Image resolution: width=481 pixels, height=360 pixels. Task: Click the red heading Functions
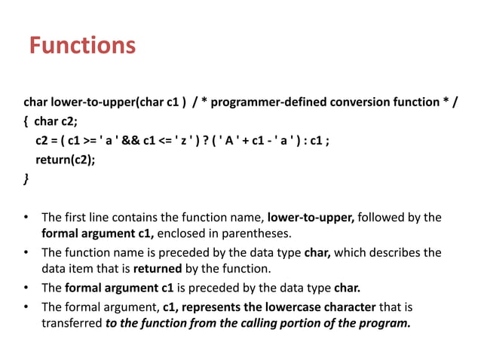click(x=83, y=47)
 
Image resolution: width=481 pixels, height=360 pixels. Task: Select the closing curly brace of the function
click(x=27, y=179)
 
